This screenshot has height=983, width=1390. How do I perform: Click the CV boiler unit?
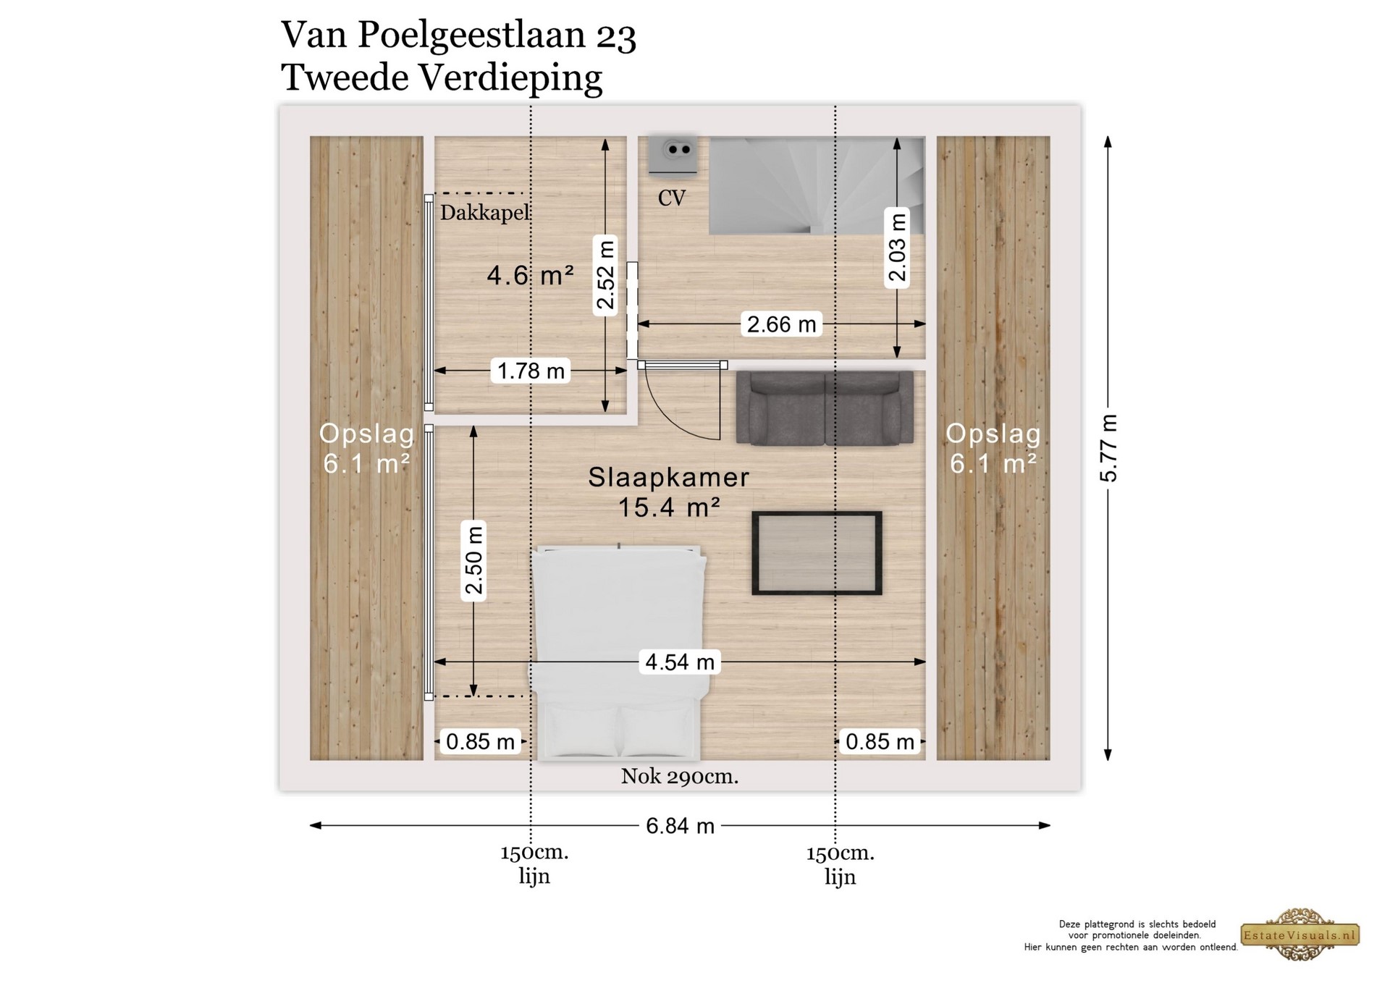pyautogui.click(x=673, y=154)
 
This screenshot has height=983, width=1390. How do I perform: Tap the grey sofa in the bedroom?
pyautogui.click(x=825, y=408)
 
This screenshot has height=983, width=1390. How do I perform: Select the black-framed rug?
pyautogui.click(x=817, y=553)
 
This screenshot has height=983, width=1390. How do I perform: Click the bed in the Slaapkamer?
pyautogui.click(x=619, y=652)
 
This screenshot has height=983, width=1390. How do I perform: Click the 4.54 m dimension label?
pyautogui.click(x=679, y=662)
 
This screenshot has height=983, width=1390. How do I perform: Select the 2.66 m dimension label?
pyautogui.click(x=781, y=324)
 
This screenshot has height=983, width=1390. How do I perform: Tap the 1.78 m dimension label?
pyautogui.click(x=531, y=371)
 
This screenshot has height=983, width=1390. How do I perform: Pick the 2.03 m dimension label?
pyautogui.click(x=897, y=248)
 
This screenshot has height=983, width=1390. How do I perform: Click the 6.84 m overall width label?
pyautogui.click(x=680, y=825)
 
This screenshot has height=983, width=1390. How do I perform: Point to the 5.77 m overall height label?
pyautogui.click(x=1108, y=448)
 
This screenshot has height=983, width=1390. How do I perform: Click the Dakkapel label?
pyautogui.click(x=485, y=213)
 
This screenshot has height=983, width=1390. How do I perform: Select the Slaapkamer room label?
pyautogui.click(x=668, y=477)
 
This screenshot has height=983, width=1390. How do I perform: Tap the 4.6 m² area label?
pyautogui.click(x=530, y=275)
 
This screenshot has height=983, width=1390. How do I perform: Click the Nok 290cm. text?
pyautogui.click(x=679, y=777)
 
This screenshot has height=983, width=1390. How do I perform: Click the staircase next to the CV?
pyautogui.click(x=817, y=185)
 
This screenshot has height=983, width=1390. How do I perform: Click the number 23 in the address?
pyautogui.click(x=616, y=36)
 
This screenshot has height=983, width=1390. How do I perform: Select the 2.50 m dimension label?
pyautogui.click(x=473, y=561)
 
